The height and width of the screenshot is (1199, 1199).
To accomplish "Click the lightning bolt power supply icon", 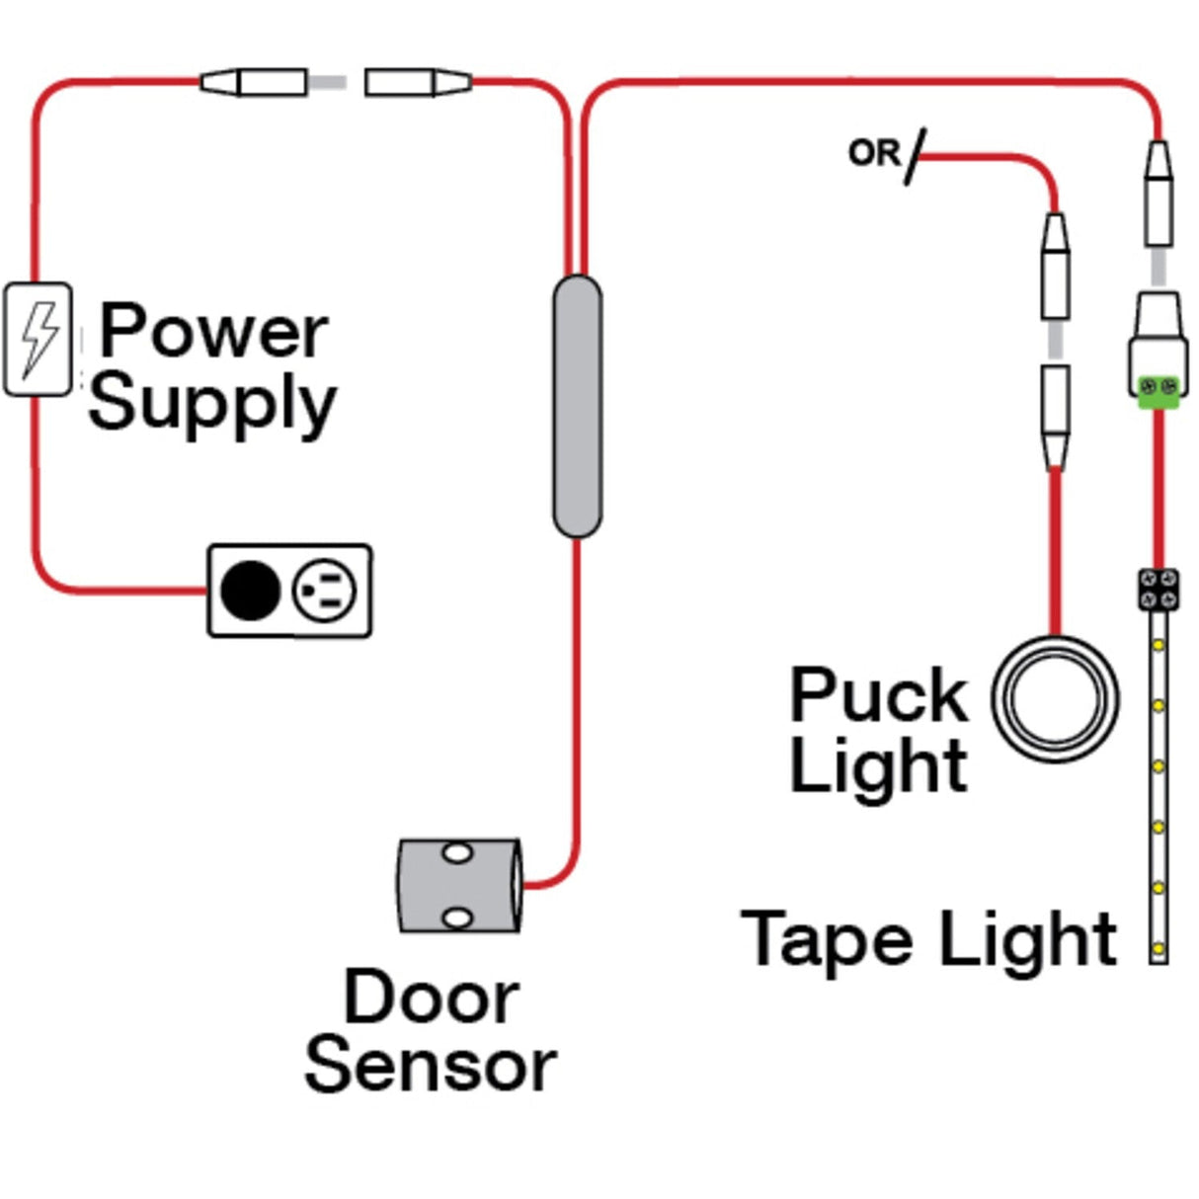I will [x=38, y=339].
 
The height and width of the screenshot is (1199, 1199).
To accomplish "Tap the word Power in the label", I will [x=213, y=331].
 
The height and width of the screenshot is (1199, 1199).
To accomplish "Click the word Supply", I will [x=212, y=403].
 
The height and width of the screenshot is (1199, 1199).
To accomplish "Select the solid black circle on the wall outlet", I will [x=250, y=591].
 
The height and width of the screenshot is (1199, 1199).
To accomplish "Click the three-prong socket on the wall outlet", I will [x=324, y=591].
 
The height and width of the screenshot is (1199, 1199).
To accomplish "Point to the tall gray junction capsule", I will [x=577, y=406].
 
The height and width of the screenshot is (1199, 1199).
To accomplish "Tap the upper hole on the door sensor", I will [x=456, y=852].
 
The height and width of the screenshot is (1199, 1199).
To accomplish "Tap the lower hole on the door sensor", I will [x=456, y=919].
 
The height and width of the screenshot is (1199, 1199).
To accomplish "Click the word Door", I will [x=431, y=998].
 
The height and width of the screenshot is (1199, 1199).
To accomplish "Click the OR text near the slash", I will [x=873, y=153].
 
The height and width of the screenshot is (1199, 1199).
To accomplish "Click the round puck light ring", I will [x=1055, y=698].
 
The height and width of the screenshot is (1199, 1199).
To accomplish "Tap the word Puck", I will [x=878, y=695].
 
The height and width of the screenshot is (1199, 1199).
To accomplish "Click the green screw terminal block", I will [x=1158, y=390].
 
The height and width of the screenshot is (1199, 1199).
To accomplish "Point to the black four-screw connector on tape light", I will [x=1158, y=590].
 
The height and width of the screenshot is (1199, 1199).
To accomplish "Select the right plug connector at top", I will [x=417, y=82].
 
